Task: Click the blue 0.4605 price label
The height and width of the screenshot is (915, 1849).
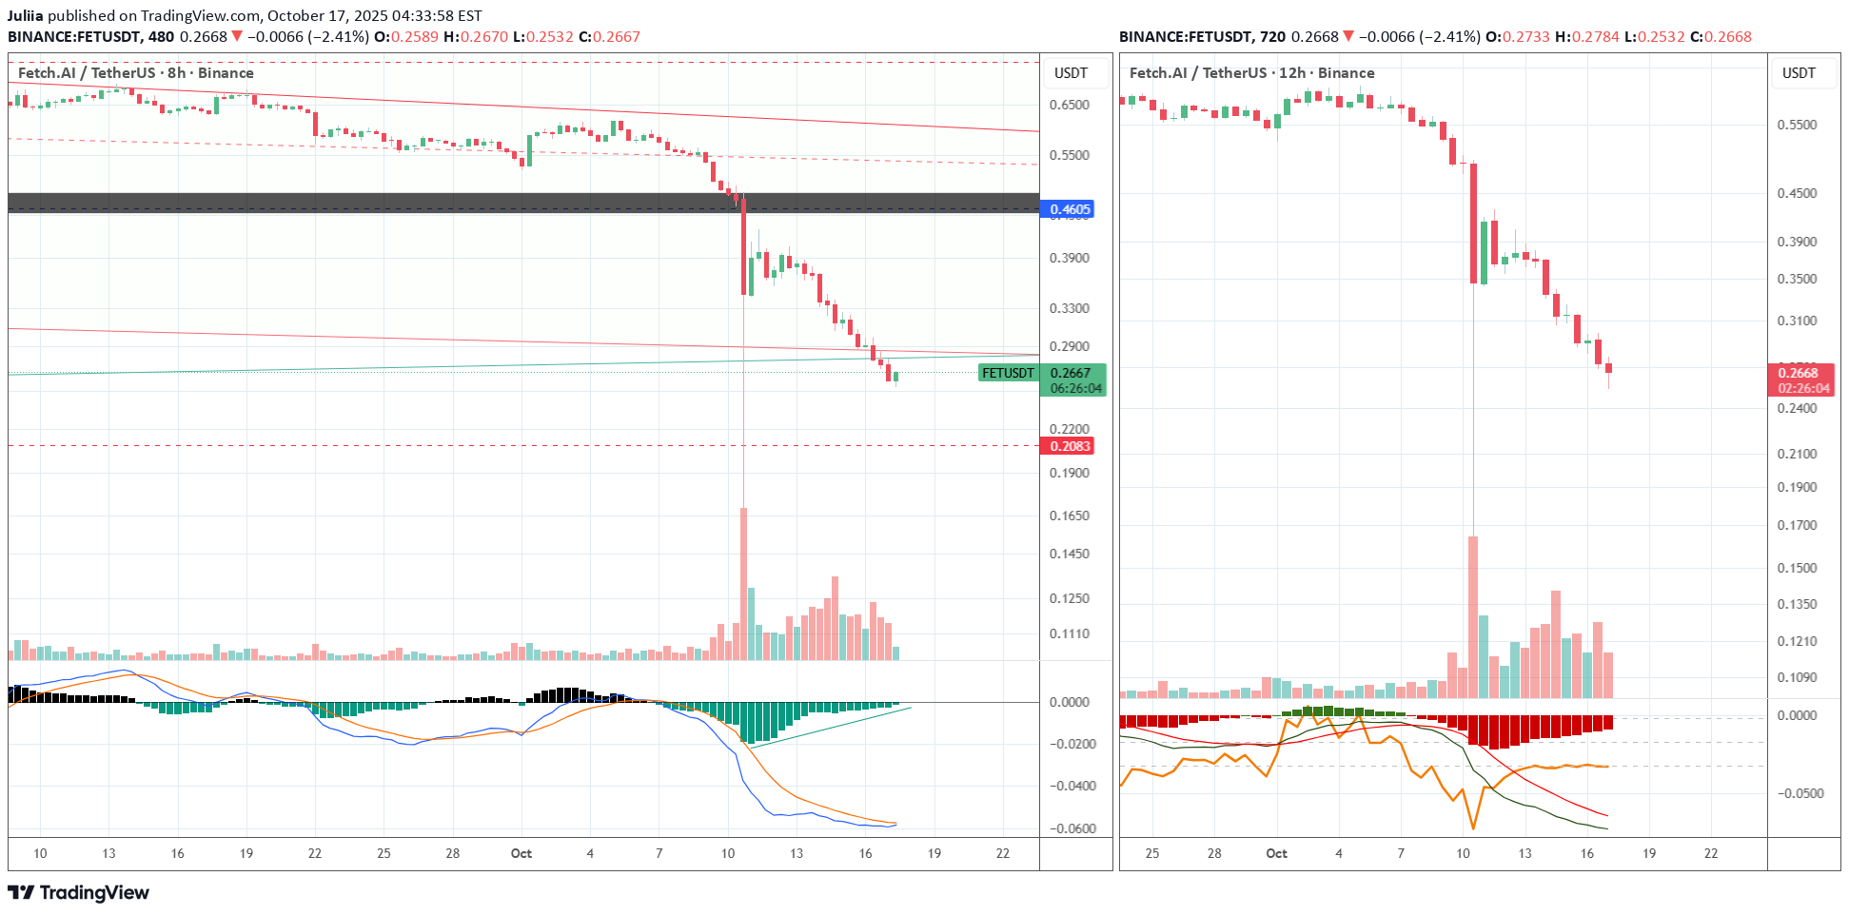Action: tap(1070, 209)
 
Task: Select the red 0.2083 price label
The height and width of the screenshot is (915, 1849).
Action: tap(1070, 446)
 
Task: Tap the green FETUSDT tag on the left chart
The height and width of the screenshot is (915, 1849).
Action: tap(1008, 373)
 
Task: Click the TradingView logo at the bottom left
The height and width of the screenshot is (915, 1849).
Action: tap(79, 892)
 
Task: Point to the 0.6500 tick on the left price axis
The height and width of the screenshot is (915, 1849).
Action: tap(1070, 105)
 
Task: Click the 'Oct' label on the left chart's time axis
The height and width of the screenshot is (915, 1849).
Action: tap(521, 853)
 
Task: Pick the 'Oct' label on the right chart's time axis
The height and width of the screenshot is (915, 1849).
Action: tap(1276, 853)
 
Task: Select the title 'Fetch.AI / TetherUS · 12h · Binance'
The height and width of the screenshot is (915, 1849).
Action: tap(1251, 73)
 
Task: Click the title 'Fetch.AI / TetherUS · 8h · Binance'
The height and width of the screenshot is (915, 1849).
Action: tap(136, 73)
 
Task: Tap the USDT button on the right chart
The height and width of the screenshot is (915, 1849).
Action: tap(1798, 73)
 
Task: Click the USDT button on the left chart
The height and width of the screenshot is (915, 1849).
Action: tap(1071, 73)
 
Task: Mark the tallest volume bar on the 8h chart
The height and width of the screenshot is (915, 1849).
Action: tap(743, 583)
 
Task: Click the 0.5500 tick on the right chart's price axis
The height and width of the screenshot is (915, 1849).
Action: tap(1797, 125)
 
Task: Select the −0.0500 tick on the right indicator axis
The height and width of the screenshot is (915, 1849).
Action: tap(1797, 793)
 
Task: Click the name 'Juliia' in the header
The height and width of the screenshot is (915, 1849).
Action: tap(26, 16)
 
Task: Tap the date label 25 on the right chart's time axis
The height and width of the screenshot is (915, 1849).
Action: tap(1151, 853)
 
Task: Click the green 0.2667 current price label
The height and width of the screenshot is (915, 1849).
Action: tap(1072, 373)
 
